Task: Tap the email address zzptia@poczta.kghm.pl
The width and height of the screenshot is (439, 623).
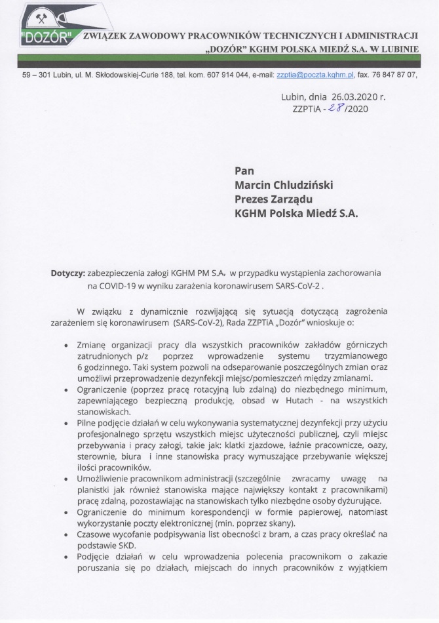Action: tap(315, 75)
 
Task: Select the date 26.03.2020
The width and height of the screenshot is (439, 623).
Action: tap(349, 98)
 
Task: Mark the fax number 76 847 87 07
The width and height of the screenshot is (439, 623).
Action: tap(395, 75)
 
